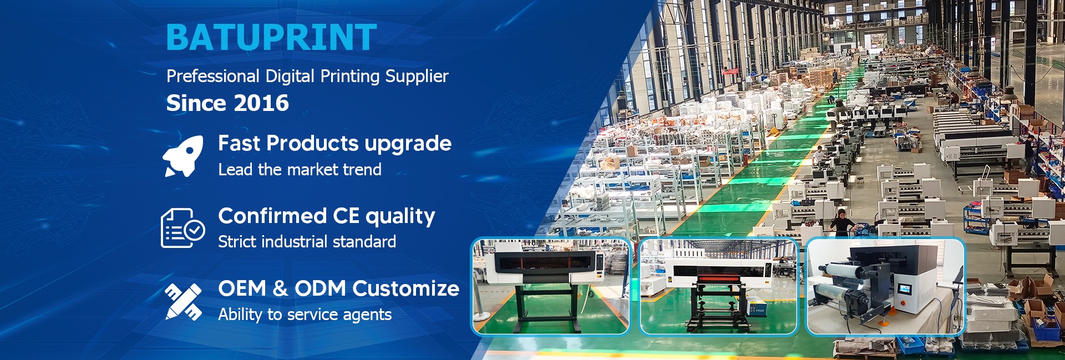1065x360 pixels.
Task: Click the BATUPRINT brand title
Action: coord(271,37)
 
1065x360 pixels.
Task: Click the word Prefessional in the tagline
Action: coord(213,76)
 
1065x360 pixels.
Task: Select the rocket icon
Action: coord(183,156)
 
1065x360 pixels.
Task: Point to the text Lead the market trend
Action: coord(300,169)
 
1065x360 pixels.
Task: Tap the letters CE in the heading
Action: coord(346,216)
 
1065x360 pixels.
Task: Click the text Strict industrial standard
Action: coord(307,242)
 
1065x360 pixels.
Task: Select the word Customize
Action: coord(405,288)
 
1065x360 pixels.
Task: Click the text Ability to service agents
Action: coord(305,315)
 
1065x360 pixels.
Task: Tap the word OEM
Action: coord(242,288)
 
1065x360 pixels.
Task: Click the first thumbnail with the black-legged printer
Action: coord(551,287)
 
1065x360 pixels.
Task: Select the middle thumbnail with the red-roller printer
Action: coord(718,287)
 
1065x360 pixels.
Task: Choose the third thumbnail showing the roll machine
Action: coord(885,287)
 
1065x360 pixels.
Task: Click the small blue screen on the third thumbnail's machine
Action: coord(905,290)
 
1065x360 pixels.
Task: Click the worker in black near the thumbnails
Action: coord(841,222)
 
